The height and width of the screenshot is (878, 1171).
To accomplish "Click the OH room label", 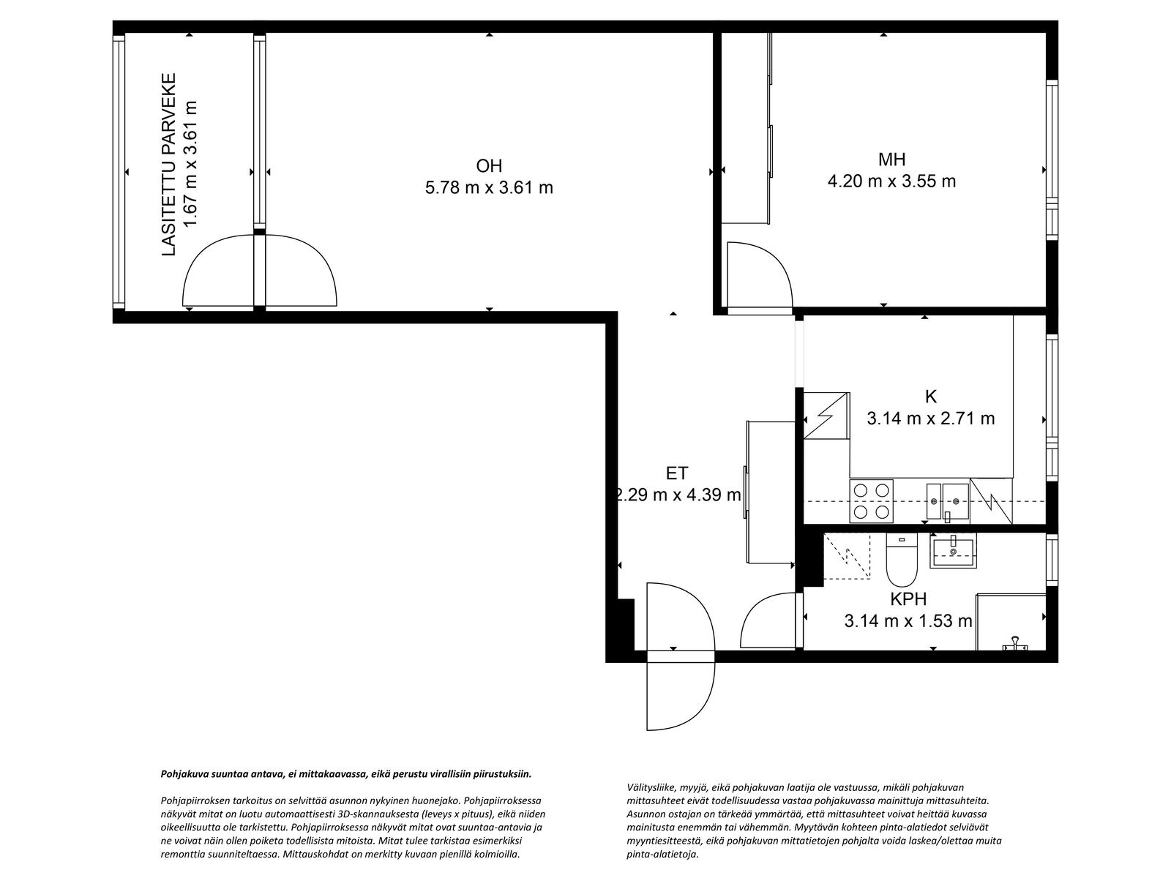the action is tap(489, 166).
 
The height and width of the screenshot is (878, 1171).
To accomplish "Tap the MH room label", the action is tap(891, 160).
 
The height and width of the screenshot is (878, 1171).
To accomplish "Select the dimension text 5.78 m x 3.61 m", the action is tap(489, 187).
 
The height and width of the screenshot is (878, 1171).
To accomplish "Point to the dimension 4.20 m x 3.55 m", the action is tap(891, 181).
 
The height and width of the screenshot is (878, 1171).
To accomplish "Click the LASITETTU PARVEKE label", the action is tap(168, 164).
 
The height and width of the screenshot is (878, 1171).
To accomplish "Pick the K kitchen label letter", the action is tap(930, 397).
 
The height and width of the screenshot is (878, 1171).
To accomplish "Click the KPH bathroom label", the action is tap(908, 599).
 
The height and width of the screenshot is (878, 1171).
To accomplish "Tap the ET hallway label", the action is tap(677, 473).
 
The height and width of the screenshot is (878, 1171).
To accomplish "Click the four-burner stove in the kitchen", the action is tap(871, 501).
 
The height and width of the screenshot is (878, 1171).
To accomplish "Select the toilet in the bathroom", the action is tap(902, 559).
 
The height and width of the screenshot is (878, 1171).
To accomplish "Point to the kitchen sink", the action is tap(947, 501).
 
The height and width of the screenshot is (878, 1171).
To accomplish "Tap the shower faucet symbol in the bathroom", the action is tap(1014, 644).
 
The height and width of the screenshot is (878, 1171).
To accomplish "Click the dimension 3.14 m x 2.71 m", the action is tap(930, 419).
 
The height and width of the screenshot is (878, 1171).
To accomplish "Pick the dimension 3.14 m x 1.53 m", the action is tap(908, 621).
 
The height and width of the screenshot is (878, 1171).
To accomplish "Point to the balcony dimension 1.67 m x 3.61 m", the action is tap(190, 164).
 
